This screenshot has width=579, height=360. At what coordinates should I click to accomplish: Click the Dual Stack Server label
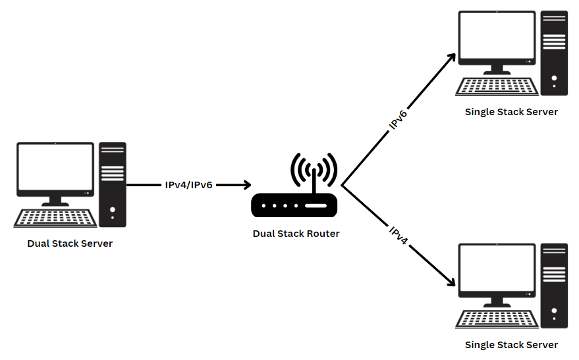(70, 244)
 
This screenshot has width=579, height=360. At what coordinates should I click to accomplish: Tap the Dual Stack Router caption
(296, 234)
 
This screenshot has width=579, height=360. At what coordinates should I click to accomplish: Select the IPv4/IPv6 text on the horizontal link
(188, 185)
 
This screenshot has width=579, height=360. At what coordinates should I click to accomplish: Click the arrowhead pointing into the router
(246, 185)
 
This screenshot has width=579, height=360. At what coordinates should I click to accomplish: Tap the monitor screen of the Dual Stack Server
(56, 168)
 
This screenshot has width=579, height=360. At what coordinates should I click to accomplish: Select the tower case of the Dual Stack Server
(113, 184)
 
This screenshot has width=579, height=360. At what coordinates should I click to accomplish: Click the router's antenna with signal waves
(314, 172)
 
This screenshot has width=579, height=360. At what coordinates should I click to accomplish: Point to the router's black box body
(294, 206)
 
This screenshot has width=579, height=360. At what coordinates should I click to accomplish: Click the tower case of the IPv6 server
(554, 53)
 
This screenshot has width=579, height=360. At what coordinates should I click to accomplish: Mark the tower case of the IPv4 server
(554, 286)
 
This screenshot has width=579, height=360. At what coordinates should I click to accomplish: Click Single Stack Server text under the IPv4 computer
(511, 345)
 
